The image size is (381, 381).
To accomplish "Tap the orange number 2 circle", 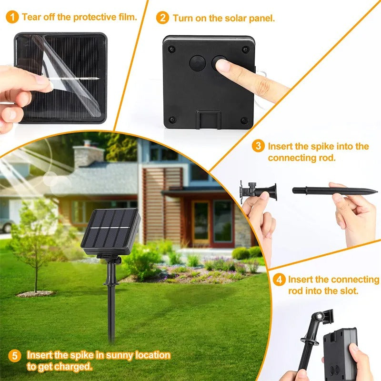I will pos(163,18).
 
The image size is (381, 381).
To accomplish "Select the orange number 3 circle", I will pos(258,146).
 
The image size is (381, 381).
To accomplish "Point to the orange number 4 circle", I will pos(280,280).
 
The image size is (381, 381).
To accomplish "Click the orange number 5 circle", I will pos(15,356).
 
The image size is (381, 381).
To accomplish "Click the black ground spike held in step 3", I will pos(333,191).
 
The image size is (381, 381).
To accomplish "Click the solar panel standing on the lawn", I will pos(110,231).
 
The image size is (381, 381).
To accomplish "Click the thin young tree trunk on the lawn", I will pos(36,271).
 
